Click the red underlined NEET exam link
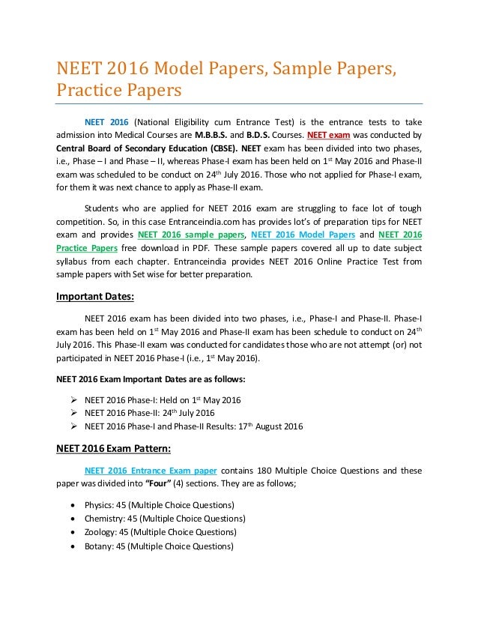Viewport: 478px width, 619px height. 328,135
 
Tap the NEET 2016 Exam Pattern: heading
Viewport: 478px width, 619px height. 113,450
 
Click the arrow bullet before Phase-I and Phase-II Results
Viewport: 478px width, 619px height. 73,427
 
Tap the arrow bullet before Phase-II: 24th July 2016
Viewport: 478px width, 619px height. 73,413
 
